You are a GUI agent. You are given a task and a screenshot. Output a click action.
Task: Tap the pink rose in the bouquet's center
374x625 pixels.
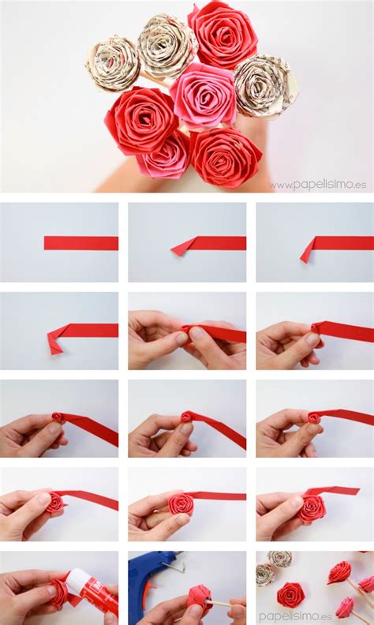click(x=203, y=95)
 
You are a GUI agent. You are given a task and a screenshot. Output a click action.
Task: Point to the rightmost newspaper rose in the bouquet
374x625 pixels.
click(x=264, y=85)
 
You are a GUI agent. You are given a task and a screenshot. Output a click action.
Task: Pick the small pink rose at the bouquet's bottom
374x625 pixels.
click(x=165, y=158)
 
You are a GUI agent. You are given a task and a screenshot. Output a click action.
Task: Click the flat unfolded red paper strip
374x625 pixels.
click(x=80, y=243)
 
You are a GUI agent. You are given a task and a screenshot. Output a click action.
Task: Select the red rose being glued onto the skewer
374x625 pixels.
click(x=199, y=600)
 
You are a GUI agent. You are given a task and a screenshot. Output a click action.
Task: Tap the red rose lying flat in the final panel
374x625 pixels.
click(x=292, y=594)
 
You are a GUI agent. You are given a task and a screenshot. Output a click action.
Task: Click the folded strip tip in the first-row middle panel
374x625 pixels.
click(x=182, y=247)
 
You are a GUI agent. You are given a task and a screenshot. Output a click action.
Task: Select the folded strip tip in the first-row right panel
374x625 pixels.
click(x=308, y=250)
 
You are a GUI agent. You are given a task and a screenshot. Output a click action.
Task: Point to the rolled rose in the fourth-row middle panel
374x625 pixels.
click(x=181, y=504)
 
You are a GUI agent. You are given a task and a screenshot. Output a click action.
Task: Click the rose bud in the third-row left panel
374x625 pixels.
click(x=58, y=417)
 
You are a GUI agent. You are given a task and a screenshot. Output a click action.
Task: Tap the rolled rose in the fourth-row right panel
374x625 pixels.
click(x=312, y=507)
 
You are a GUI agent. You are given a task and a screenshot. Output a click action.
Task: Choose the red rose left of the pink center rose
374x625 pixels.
click(x=141, y=119)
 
